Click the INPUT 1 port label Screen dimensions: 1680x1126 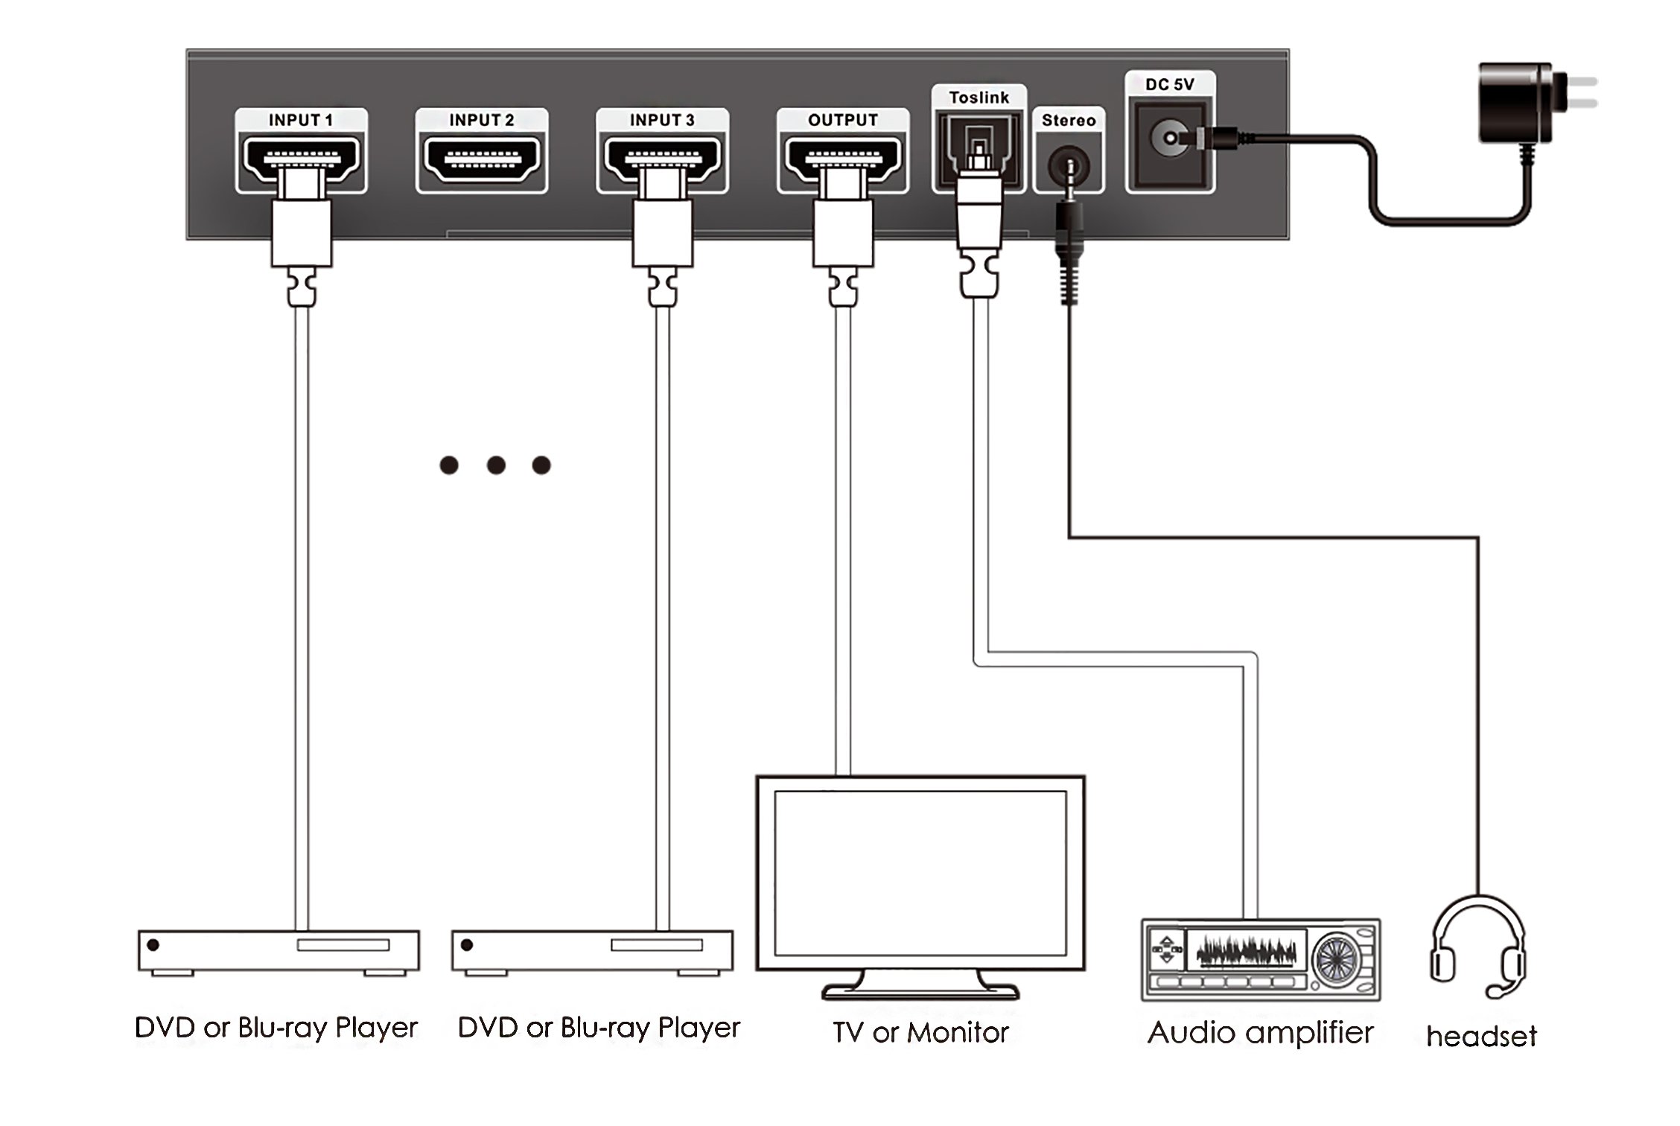301,120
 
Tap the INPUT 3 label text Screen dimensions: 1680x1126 662,120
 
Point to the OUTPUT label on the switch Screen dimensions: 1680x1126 843,120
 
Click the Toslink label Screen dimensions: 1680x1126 979,98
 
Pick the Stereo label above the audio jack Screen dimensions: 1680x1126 1069,120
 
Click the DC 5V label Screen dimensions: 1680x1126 1170,84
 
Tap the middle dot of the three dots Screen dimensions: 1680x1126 496,465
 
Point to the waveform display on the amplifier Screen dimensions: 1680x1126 1246,951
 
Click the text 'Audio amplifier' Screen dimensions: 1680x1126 1260,1034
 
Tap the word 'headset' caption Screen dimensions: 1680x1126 1481,1036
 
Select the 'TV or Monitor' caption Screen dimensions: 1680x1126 920,1032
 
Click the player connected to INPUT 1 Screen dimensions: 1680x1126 279,952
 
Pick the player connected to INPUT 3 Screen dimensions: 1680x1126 592,952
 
